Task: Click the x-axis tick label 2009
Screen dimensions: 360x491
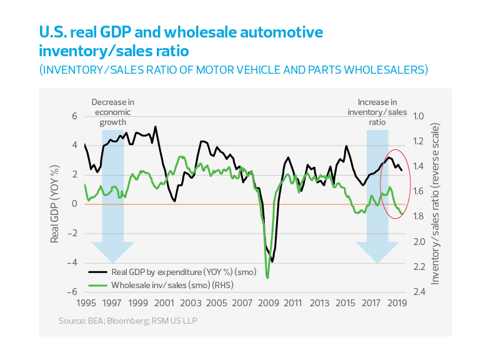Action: tap(267, 303)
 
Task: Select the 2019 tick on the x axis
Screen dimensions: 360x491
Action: tap(398, 303)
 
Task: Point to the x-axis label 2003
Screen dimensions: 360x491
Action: tap(189, 303)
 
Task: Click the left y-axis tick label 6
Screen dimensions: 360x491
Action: tap(74, 116)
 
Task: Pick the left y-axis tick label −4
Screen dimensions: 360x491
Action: tap(72, 262)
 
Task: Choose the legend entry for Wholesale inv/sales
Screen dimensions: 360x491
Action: tap(161, 285)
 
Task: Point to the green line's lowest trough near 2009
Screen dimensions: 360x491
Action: tap(267, 277)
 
